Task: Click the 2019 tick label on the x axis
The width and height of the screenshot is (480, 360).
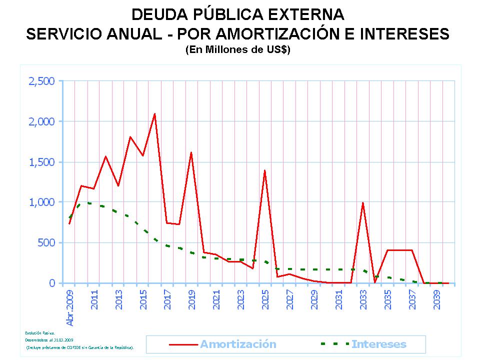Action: [x=192, y=299]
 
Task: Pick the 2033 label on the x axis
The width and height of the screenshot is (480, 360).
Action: [x=363, y=299]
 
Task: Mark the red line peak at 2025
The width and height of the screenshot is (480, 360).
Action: [x=264, y=170]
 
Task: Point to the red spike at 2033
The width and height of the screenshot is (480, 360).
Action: [x=362, y=202]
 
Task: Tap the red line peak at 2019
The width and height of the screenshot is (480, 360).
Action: [x=191, y=152]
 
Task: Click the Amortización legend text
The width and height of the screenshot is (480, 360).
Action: [x=238, y=344]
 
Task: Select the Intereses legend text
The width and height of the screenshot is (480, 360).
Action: [x=378, y=344]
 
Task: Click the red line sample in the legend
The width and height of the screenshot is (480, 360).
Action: [x=183, y=344]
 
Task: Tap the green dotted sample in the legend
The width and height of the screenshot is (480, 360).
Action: [x=334, y=344]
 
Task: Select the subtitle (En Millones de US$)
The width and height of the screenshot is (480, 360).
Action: [x=237, y=50]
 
